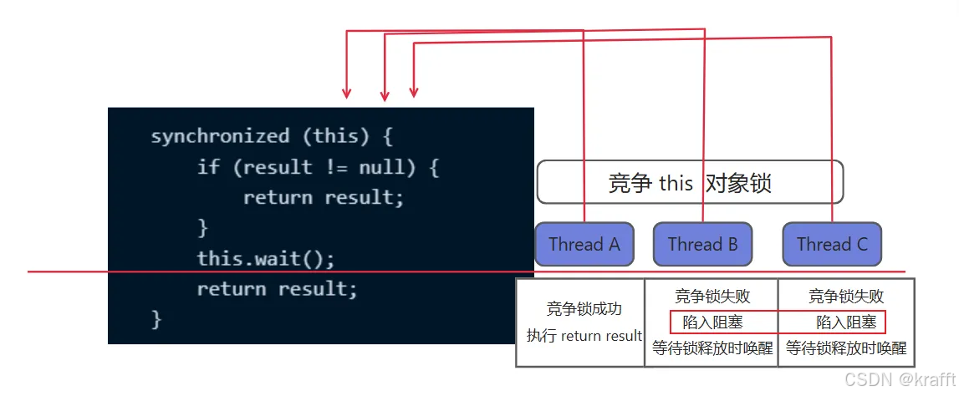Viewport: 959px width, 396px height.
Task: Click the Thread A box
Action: coord(584,244)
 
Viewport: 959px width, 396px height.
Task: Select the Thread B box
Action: coord(702,244)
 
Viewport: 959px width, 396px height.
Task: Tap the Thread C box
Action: coord(832,244)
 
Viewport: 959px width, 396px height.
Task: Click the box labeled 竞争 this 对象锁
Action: coord(690,183)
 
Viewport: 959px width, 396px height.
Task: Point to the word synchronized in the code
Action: coord(220,136)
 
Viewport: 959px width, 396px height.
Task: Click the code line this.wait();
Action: coord(265,258)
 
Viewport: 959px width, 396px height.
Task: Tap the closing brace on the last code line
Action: coord(156,319)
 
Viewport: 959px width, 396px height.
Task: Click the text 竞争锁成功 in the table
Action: coord(584,308)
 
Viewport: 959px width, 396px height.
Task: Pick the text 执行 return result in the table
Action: coord(584,336)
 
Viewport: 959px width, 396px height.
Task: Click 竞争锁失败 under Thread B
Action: coord(712,297)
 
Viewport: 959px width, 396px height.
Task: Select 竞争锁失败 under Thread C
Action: coord(846,297)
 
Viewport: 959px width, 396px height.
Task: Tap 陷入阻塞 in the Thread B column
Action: coord(712,322)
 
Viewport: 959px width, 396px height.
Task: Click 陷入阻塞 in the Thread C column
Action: coord(846,322)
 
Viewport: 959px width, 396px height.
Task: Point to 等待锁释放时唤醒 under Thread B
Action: coord(712,348)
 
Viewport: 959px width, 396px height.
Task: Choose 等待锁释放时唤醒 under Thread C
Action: coord(846,348)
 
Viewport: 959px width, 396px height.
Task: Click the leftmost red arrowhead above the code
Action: coord(347,93)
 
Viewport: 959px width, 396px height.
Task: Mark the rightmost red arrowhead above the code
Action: coord(413,92)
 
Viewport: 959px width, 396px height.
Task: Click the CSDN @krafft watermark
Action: coord(899,379)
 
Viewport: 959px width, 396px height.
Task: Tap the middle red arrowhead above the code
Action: coord(384,95)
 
